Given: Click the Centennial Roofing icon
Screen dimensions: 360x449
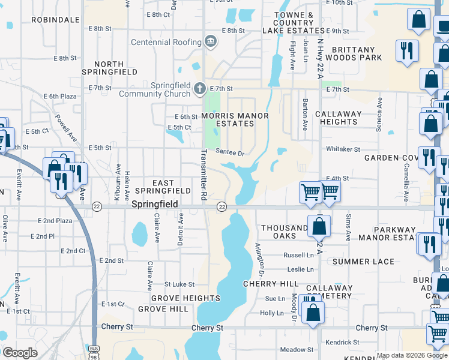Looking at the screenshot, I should click(x=210, y=41).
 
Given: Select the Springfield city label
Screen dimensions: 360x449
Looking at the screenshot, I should click(x=155, y=205).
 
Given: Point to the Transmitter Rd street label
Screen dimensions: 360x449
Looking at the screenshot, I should click(x=203, y=175).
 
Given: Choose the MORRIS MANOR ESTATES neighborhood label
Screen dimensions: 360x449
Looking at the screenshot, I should click(x=235, y=119).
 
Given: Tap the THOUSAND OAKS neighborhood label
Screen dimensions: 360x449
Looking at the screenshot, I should click(x=285, y=233).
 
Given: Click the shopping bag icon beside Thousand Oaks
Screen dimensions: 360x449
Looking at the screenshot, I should click(x=319, y=226).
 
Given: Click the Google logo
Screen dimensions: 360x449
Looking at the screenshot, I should click(x=20, y=353).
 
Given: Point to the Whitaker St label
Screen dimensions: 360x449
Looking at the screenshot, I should click(x=343, y=149).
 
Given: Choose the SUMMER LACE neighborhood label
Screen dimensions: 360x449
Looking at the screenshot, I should click(x=363, y=262).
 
